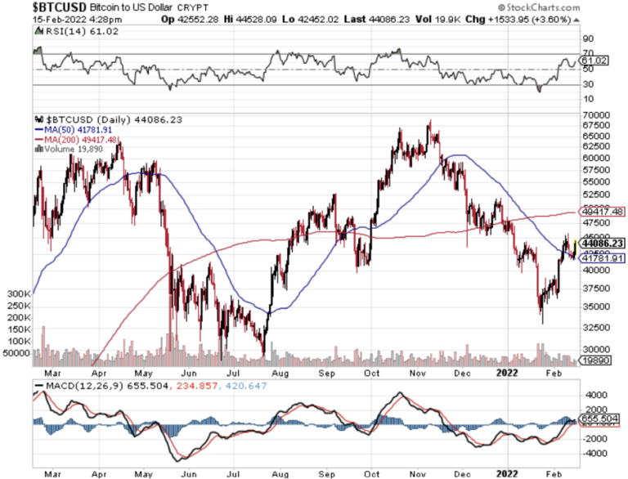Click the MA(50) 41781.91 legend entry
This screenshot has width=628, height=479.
[x=73, y=128]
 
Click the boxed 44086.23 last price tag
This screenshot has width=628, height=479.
[x=603, y=243]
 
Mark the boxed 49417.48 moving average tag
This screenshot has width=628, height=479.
[x=603, y=212]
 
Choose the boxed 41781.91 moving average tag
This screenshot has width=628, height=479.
[x=603, y=258]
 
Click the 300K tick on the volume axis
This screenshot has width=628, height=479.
[x=17, y=292]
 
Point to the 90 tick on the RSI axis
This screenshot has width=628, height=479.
[x=586, y=38]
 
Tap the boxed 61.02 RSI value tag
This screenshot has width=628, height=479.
[x=591, y=60]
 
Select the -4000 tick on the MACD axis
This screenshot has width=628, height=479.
[x=592, y=451]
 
